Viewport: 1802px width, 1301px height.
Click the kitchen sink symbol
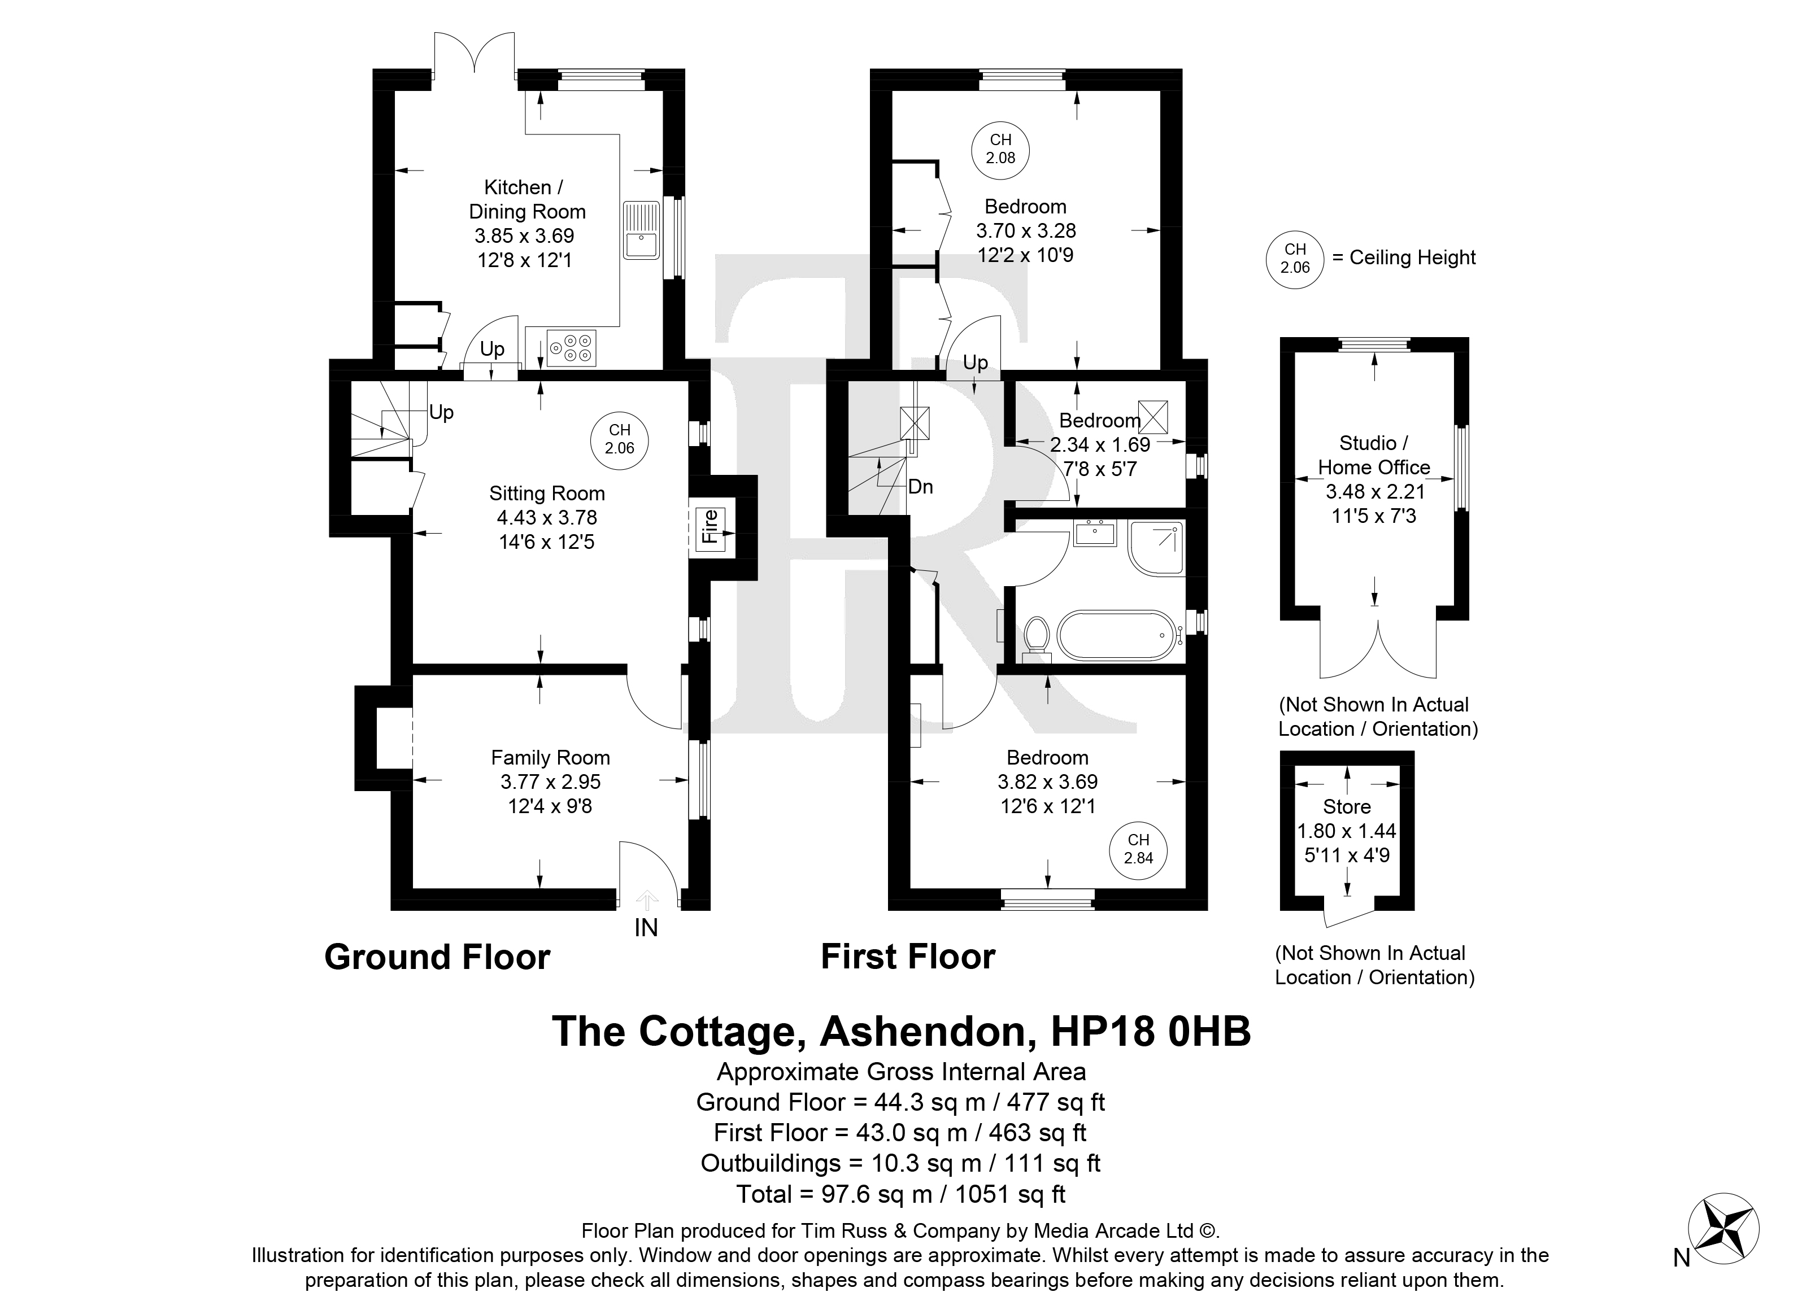coord(641,230)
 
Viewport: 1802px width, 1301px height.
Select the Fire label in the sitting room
coord(710,526)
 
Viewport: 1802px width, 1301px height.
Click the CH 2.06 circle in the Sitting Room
coord(620,439)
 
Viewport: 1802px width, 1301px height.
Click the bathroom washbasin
coord(1095,532)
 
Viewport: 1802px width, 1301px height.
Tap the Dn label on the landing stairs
coord(920,487)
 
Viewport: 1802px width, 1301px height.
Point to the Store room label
coord(1347,807)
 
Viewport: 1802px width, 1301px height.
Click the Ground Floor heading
coord(437,958)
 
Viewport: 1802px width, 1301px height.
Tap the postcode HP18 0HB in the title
coord(1151,1032)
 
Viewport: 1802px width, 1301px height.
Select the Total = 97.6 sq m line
coord(901,1194)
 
